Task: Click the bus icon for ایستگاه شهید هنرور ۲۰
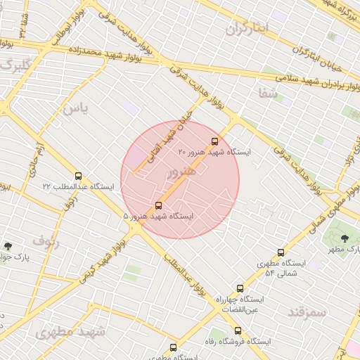click(x=214, y=141)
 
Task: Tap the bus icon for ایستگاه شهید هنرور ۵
click(x=158, y=205)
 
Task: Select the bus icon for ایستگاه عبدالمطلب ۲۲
click(x=77, y=176)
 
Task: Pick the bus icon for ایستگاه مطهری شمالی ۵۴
click(x=281, y=252)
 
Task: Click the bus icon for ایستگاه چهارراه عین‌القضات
click(x=240, y=288)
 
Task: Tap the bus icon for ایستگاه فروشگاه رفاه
click(x=238, y=330)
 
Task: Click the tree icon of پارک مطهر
click(x=344, y=239)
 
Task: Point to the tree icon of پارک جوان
click(x=8, y=246)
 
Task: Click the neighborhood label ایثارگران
click(x=247, y=29)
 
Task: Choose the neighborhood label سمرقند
click(x=308, y=310)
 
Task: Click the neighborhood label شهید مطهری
click(x=70, y=331)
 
